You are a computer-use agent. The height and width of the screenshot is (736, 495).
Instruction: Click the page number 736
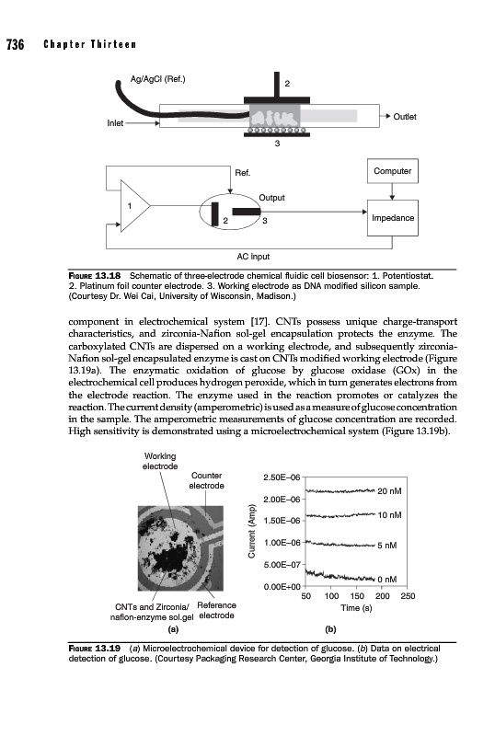point(15,44)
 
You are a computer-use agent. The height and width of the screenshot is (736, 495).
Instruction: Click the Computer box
point(392,171)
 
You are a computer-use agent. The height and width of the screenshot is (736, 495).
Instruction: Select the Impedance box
point(393,218)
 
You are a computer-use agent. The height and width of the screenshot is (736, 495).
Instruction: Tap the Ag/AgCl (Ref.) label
point(158,79)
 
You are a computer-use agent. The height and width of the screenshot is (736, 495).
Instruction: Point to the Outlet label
point(404,117)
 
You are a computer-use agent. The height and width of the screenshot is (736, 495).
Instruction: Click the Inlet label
point(115,123)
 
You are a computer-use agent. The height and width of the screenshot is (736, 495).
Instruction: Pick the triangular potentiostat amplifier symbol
point(135,205)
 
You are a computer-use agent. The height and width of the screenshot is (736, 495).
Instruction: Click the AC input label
point(253,257)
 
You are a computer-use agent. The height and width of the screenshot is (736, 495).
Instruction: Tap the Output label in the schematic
point(272,198)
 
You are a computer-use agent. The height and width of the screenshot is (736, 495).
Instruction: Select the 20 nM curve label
point(389,491)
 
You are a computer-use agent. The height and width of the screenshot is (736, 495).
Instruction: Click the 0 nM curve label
point(387,580)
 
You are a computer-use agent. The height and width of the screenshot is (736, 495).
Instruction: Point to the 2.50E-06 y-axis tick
point(282,477)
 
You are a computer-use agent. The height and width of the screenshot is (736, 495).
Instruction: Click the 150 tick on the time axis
point(357,596)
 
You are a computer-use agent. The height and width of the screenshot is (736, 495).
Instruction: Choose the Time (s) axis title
point(356,608)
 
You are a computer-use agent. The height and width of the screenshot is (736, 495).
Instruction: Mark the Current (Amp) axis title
point(252,532)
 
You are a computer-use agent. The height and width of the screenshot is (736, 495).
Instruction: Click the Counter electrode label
point(207,480)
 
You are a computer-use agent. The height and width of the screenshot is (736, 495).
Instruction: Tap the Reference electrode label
point(216,610)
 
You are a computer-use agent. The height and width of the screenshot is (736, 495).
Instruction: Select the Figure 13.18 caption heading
point(95,275)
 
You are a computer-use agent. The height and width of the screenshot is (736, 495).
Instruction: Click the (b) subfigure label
point(330,629)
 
